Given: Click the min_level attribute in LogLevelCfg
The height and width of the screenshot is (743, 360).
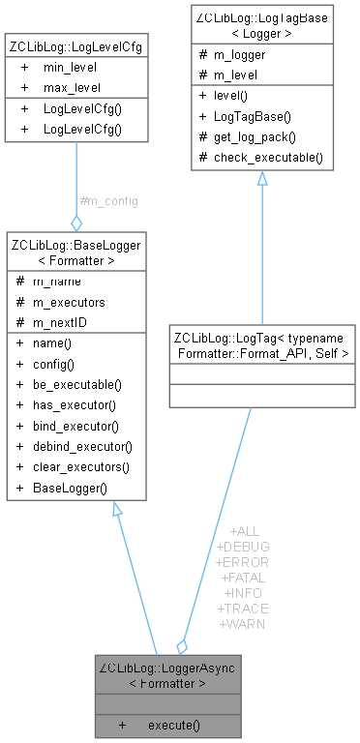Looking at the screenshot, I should pos(69,70).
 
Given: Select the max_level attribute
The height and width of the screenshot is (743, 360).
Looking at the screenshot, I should pos(71,87).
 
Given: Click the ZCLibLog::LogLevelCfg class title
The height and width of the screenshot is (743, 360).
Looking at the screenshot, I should pos(75,46).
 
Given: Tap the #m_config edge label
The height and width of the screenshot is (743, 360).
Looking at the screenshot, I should pos(108,201).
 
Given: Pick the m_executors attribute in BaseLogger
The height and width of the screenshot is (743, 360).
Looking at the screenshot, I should pos(73,302).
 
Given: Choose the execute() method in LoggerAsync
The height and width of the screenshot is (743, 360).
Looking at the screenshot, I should pos(174,725).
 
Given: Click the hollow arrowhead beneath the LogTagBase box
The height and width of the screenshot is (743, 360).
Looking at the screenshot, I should pos(261,179).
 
